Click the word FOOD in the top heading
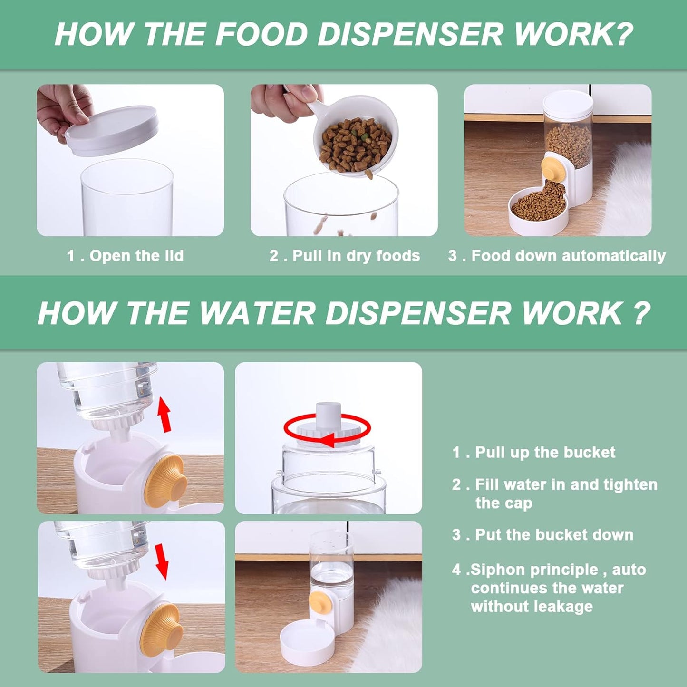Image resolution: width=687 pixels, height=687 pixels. pos(261,35)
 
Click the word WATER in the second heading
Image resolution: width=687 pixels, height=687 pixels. pos(256,314)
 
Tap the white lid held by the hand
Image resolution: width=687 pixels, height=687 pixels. pos(112,130)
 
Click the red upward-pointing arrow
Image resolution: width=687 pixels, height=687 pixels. pos(164,414)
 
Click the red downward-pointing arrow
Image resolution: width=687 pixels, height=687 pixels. pos(162,561)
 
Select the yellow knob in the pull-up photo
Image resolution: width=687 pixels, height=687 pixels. pos(165,481)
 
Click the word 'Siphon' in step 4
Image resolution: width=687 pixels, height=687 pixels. pos(497,570)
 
